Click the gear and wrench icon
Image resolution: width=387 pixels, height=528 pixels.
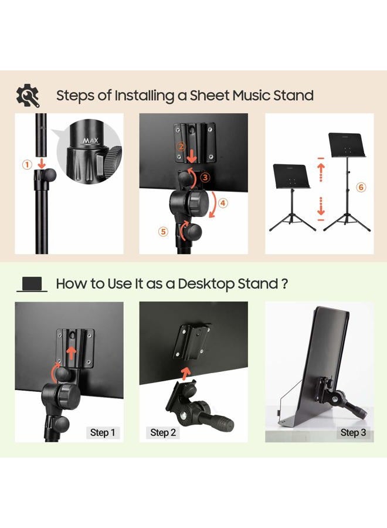(28, 95)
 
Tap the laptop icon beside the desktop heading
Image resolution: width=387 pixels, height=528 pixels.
(32, 284)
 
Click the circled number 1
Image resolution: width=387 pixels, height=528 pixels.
(27, 165)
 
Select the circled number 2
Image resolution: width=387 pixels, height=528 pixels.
(181, 147)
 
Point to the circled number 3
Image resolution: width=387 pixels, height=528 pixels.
(205, 177)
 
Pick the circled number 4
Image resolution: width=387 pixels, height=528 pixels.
(223, 203)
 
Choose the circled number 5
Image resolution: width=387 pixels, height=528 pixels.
(163, 231)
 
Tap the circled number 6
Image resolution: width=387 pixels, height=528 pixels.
(361, 187)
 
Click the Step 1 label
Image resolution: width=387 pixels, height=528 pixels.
(102, 432)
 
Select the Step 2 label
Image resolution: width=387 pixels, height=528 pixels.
(163, 432)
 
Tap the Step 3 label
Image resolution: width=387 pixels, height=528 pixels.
(353, 432)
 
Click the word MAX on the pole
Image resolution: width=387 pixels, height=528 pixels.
(90, 140)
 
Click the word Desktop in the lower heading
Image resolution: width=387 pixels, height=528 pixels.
(205, 284)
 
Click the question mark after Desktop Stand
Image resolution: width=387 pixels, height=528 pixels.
(284, 284)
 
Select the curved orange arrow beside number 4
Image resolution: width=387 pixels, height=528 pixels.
(213, 205)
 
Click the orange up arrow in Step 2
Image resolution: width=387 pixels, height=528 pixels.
(185, 373)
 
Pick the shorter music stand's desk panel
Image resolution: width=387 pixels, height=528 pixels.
(291, 176)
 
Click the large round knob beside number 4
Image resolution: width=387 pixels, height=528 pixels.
(187, 202)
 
